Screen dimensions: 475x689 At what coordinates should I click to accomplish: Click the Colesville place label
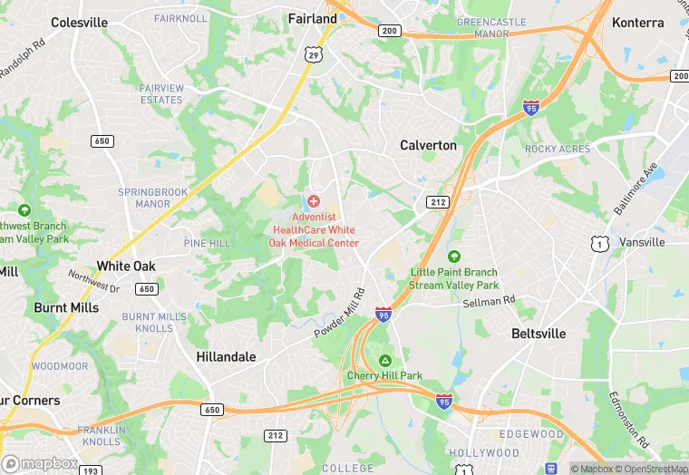pos(80,22)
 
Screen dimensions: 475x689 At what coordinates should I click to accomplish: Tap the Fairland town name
pos(313,18)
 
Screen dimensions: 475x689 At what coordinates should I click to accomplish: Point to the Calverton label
pos(429,145)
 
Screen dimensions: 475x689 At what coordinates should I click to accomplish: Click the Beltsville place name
pos(539,334)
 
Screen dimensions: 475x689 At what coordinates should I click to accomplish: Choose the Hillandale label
pos(226,357)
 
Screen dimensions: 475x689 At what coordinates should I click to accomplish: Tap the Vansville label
pos(642,243)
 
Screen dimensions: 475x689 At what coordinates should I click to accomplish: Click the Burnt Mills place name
pos(66,307)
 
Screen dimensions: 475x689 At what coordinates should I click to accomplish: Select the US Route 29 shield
pos(314,55)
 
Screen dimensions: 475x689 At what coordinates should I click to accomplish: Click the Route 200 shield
pos(390,31)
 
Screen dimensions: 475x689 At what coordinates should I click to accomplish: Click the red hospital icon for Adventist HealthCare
pos(314,200)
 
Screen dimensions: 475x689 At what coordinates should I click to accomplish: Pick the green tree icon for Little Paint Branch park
pos(453,257)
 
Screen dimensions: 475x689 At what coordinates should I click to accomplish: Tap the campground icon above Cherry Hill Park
pos(384,360)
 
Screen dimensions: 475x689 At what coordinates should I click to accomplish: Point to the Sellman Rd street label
pos(490,300)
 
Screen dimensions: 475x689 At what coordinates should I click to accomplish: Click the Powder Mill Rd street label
pos(340,314)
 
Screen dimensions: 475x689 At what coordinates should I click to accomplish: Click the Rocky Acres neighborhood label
pos(558,150)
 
